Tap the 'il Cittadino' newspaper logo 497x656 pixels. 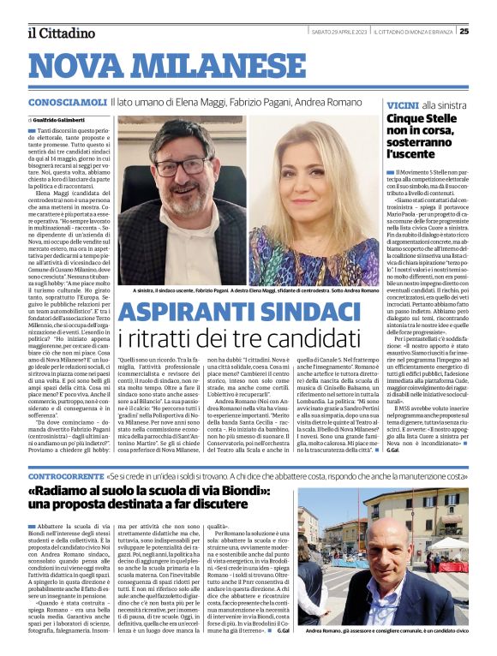[x=60, y=33]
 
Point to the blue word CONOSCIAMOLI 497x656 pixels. [x=65, y=102]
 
